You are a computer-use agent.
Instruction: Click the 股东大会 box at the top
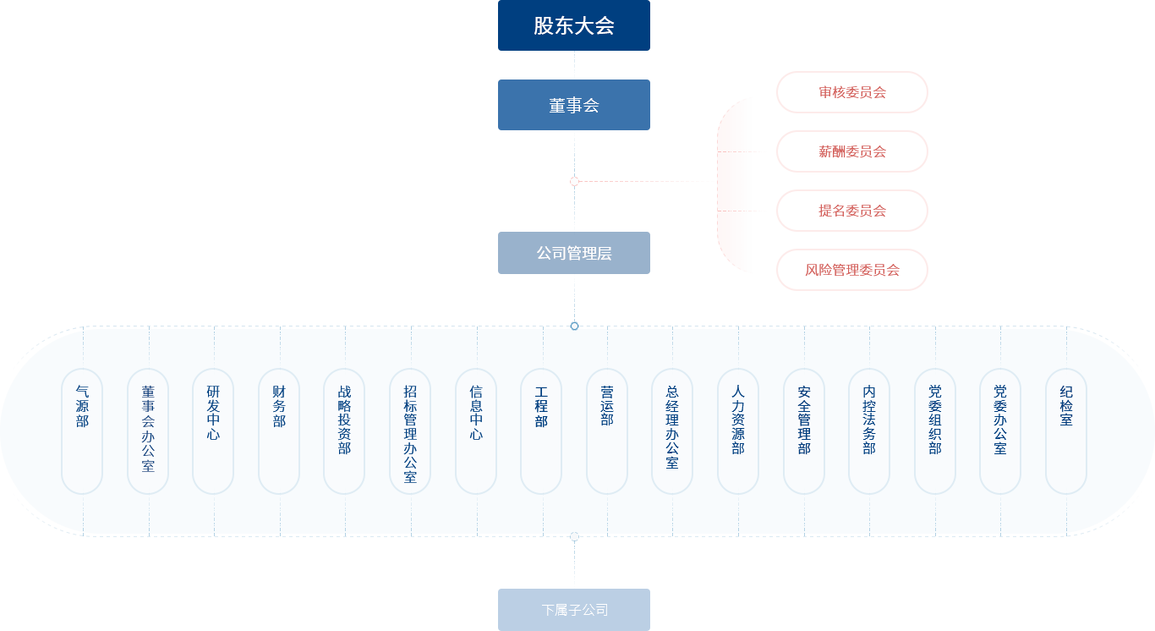coord(573,25)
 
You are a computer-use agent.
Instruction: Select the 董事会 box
coord(573,105)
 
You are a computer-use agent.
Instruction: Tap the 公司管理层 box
coord(573,253)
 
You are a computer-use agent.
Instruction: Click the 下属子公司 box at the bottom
coord(573,610)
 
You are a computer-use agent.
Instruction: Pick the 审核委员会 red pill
coord(851,92)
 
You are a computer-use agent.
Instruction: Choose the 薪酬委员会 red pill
coord(851,151)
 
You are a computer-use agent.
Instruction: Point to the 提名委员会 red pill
coord(851,211)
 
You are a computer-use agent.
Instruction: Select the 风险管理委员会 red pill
coord(851,270)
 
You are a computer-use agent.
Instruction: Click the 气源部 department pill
coord(82,431)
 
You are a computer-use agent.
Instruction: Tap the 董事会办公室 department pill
coord(148,431)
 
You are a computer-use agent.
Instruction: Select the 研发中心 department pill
coord(213,431)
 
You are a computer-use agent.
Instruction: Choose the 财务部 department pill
coord(279,431)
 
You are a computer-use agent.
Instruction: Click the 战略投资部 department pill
coord(344,431)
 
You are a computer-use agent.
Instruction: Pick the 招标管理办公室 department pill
coord(410,431)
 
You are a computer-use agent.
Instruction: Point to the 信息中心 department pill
coord(476,431)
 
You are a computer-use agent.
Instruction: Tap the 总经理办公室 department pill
coord(672,431)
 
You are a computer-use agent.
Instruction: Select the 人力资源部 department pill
coord(738,431)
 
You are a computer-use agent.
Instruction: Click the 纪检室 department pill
coord(1066,431)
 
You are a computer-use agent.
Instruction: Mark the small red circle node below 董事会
coord(574,181)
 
